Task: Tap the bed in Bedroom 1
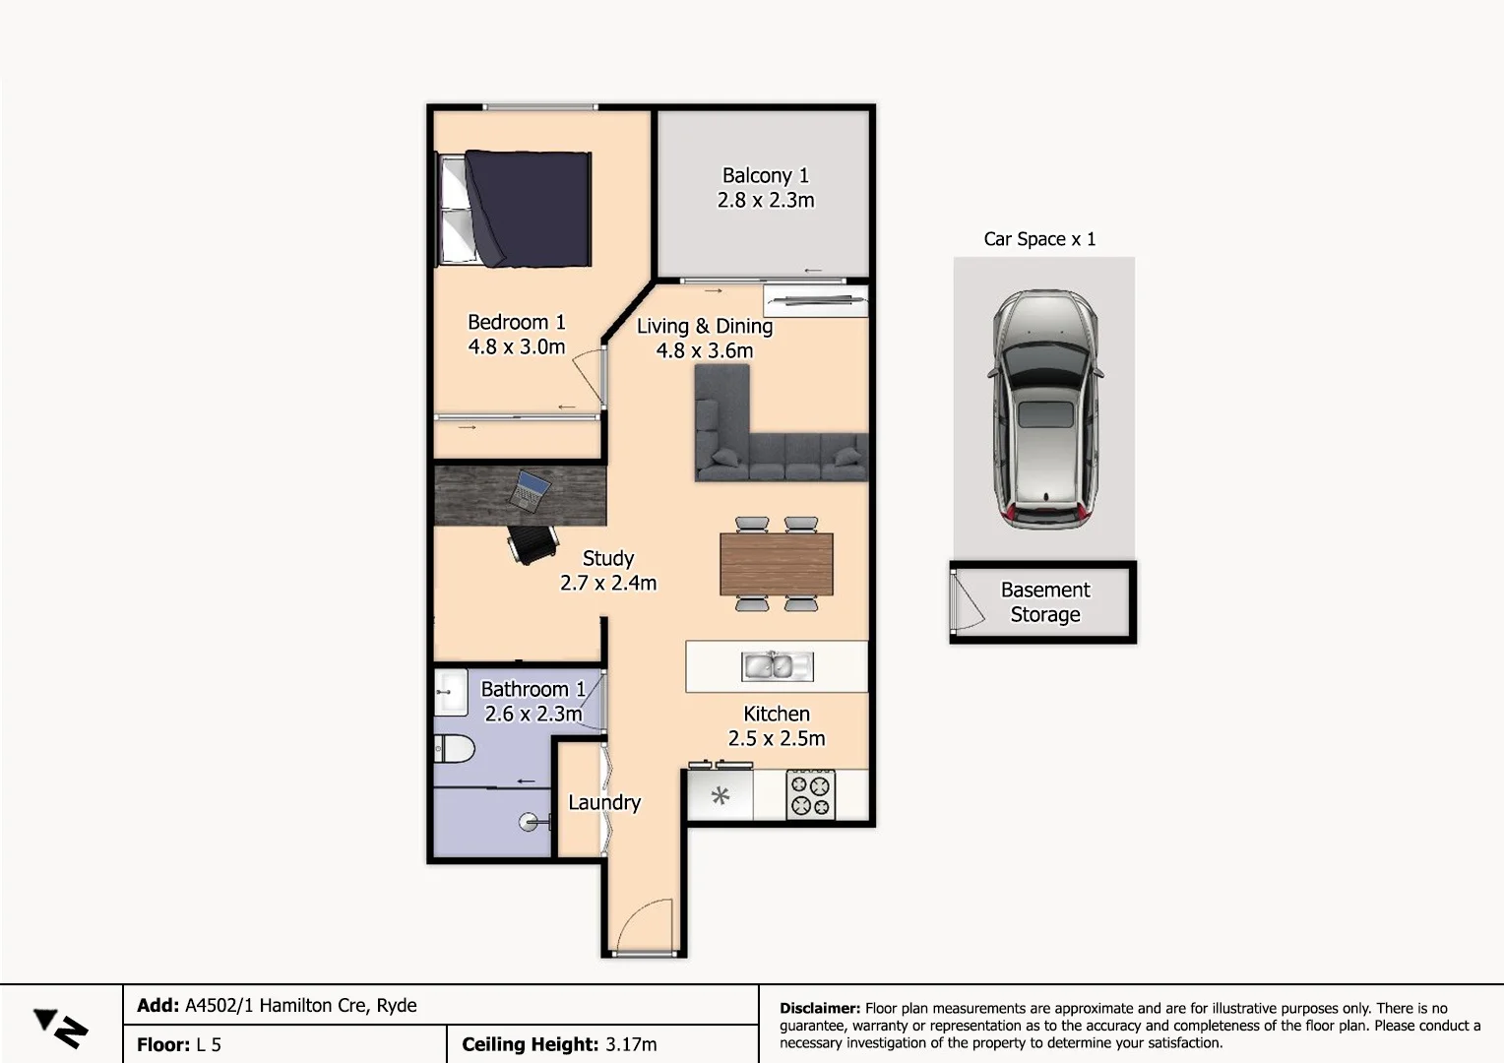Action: (515, 208)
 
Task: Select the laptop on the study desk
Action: (530, 489)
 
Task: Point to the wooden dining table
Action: (777, 564)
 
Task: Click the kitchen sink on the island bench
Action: (777, 666)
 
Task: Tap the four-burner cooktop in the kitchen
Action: (811, 795)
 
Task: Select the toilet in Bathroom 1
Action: (454, 748)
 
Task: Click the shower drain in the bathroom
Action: (529, 822)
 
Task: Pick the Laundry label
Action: (604, 802)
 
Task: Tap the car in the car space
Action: (1044, 408)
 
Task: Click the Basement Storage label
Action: (1045, 602)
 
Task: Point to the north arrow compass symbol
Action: (60, 1028)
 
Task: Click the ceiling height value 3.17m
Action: (631, 1044)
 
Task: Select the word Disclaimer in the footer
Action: (820, 1008)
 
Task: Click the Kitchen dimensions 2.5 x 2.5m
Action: (777, 738)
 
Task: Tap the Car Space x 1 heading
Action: (1039, 239)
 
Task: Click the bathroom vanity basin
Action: (450, 691)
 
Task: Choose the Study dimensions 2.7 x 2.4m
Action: (608, 583)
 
